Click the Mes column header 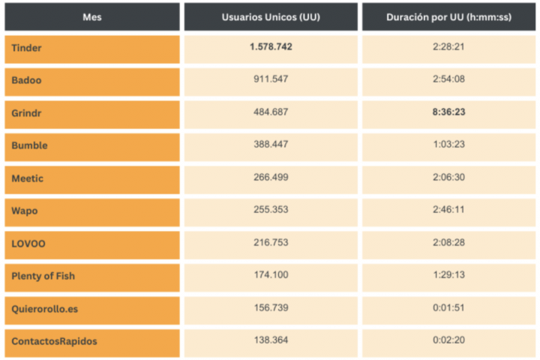pyautogui.click(x=91, y=16)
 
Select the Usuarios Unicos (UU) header pyautogui.click(x=271, y=16)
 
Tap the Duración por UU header pyautogui.click(x=448, y=16)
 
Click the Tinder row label pyautogui.click(x=27, y=48)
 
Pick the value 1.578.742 pyautogui.click(x=271, y=47)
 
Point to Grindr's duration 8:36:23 pyautogui.click(x=448, y=112)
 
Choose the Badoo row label pyautogui.click(x=27, y=80)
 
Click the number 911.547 pyautogui.click(x=271, y=79)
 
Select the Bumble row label pyautogui.click(x=29, y=145)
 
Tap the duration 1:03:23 pyautogui.click(x=448, y=145)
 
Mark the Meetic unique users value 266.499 pyautogui.click(x=271, y=177)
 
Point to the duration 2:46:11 pyautogui.click(x=448, y=210)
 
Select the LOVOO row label pyautogui.click(x=27, y=243)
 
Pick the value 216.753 pyautogui.click(x=271, y=242)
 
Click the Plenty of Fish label pyautogui.click(x=43, y=276)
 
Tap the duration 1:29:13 pyautogui.click(x=448, y=275)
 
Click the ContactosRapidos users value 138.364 pyautogui.click(x=271, y=340)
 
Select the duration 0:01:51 pyautogui.click(x=448, y=307)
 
